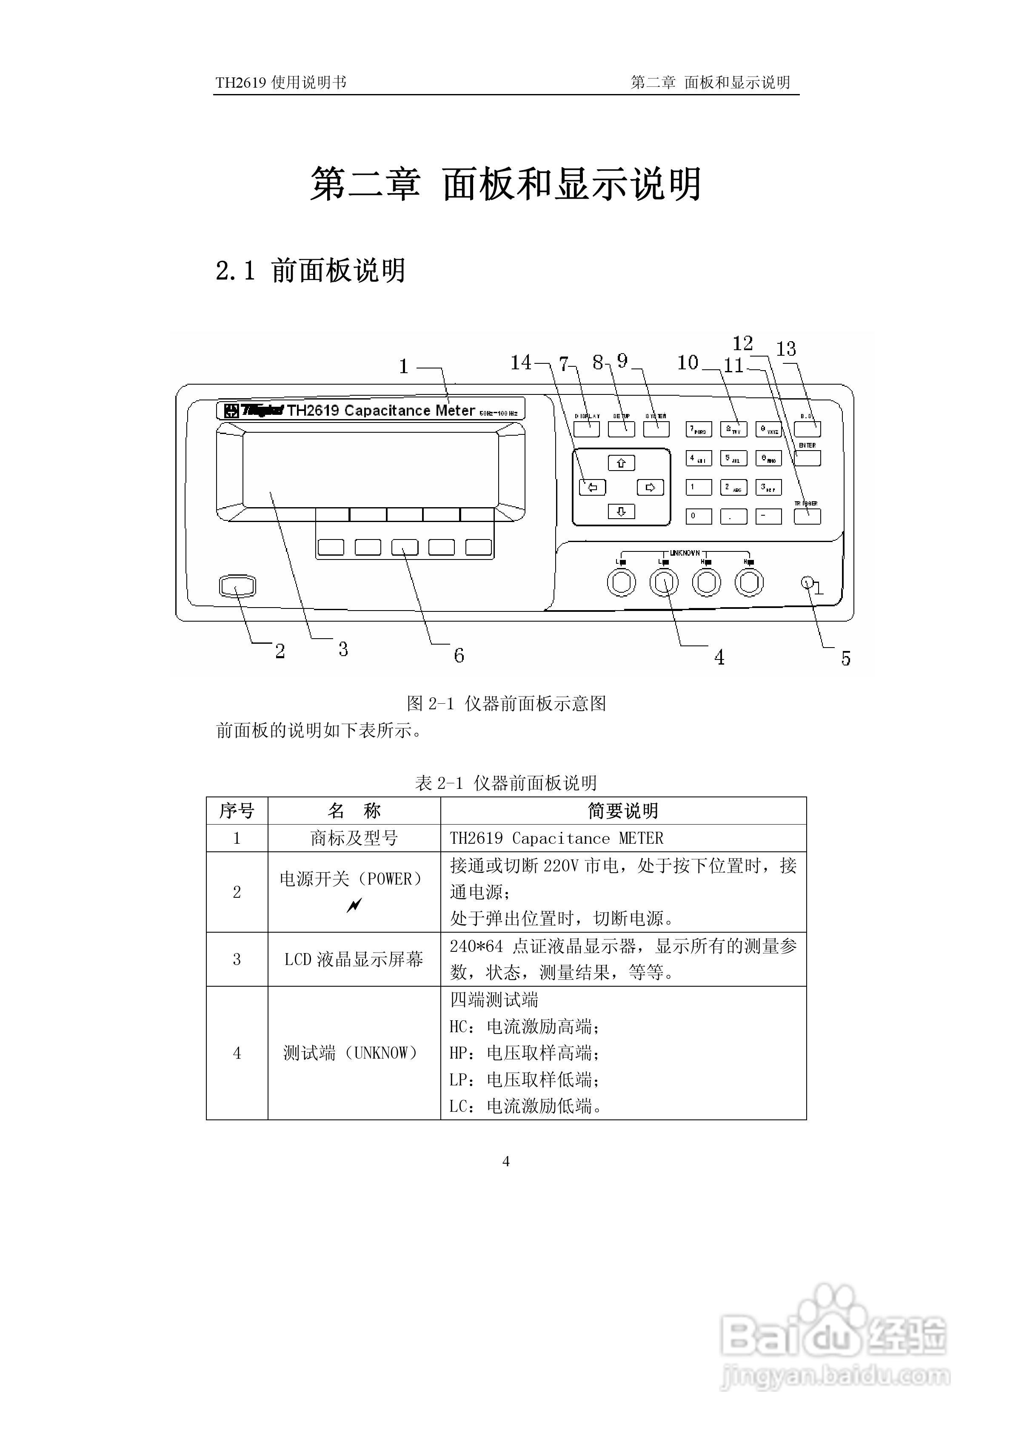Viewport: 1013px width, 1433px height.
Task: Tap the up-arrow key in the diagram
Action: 621,462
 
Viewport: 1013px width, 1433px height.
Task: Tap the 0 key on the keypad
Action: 699,516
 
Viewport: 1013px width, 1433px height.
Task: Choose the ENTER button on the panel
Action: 807,458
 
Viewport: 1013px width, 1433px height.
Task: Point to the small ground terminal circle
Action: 806,582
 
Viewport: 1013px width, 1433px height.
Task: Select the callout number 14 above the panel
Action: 521,362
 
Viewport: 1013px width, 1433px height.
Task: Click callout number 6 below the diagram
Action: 459,655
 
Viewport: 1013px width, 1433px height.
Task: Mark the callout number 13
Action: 786,349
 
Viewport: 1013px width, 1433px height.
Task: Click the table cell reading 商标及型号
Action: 354,838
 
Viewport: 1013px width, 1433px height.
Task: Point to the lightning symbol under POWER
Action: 354,905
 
